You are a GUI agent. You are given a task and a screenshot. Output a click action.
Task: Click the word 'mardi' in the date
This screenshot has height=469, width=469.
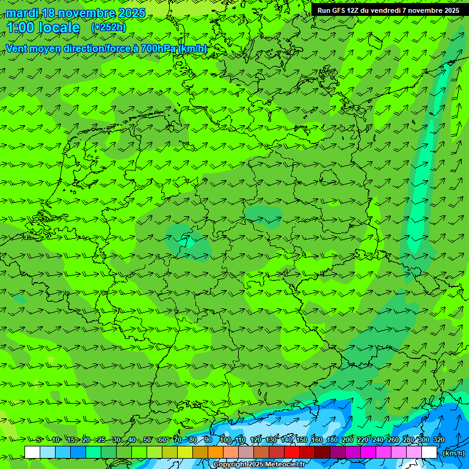pyautogui.click(x=22, y=13)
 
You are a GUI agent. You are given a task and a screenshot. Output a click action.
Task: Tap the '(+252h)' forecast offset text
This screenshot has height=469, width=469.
pyautogui.click(x=109, y=27)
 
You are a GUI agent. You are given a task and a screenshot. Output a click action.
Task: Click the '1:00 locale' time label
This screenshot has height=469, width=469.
pyautogui.click(x=43, y=28)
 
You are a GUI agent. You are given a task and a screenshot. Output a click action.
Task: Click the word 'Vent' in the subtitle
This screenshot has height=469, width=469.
pyautogui.click(x=18, y=48)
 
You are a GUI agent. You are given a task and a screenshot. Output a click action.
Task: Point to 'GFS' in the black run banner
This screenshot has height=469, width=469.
pyautogui.click(x=338, y=10)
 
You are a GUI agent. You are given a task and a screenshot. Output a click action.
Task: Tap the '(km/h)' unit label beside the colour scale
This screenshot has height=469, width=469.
pyautogui.click(x=453, y=453)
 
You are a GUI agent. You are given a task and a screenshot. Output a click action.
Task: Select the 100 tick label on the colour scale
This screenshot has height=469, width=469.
pyautogui.click(x=225, y=440)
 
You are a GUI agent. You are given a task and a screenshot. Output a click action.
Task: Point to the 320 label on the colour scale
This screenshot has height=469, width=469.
pyautogui.click(x=439, y=440)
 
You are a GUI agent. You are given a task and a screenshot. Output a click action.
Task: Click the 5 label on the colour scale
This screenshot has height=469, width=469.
pyautogui.click(x=38, y=440)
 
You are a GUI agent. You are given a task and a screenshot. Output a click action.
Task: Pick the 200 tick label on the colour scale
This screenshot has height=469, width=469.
pyautogui.click(x=347, y=440)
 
